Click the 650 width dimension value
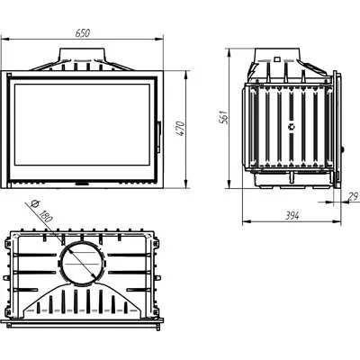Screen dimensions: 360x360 click(x=83, y=33)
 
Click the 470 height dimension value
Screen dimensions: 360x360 click(x=181, y=129)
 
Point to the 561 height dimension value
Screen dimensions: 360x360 click(x=224, y=117)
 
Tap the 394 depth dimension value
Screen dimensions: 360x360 click(x=292, y=215)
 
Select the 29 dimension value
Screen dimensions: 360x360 click(x=354, y=196)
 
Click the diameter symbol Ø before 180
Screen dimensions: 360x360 click(x=34, y=204)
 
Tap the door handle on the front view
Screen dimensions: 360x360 click(x=159, y=137)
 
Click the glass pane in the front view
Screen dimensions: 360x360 click(x=82, y=124)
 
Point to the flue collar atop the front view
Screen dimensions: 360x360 click(x=83, y=55)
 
